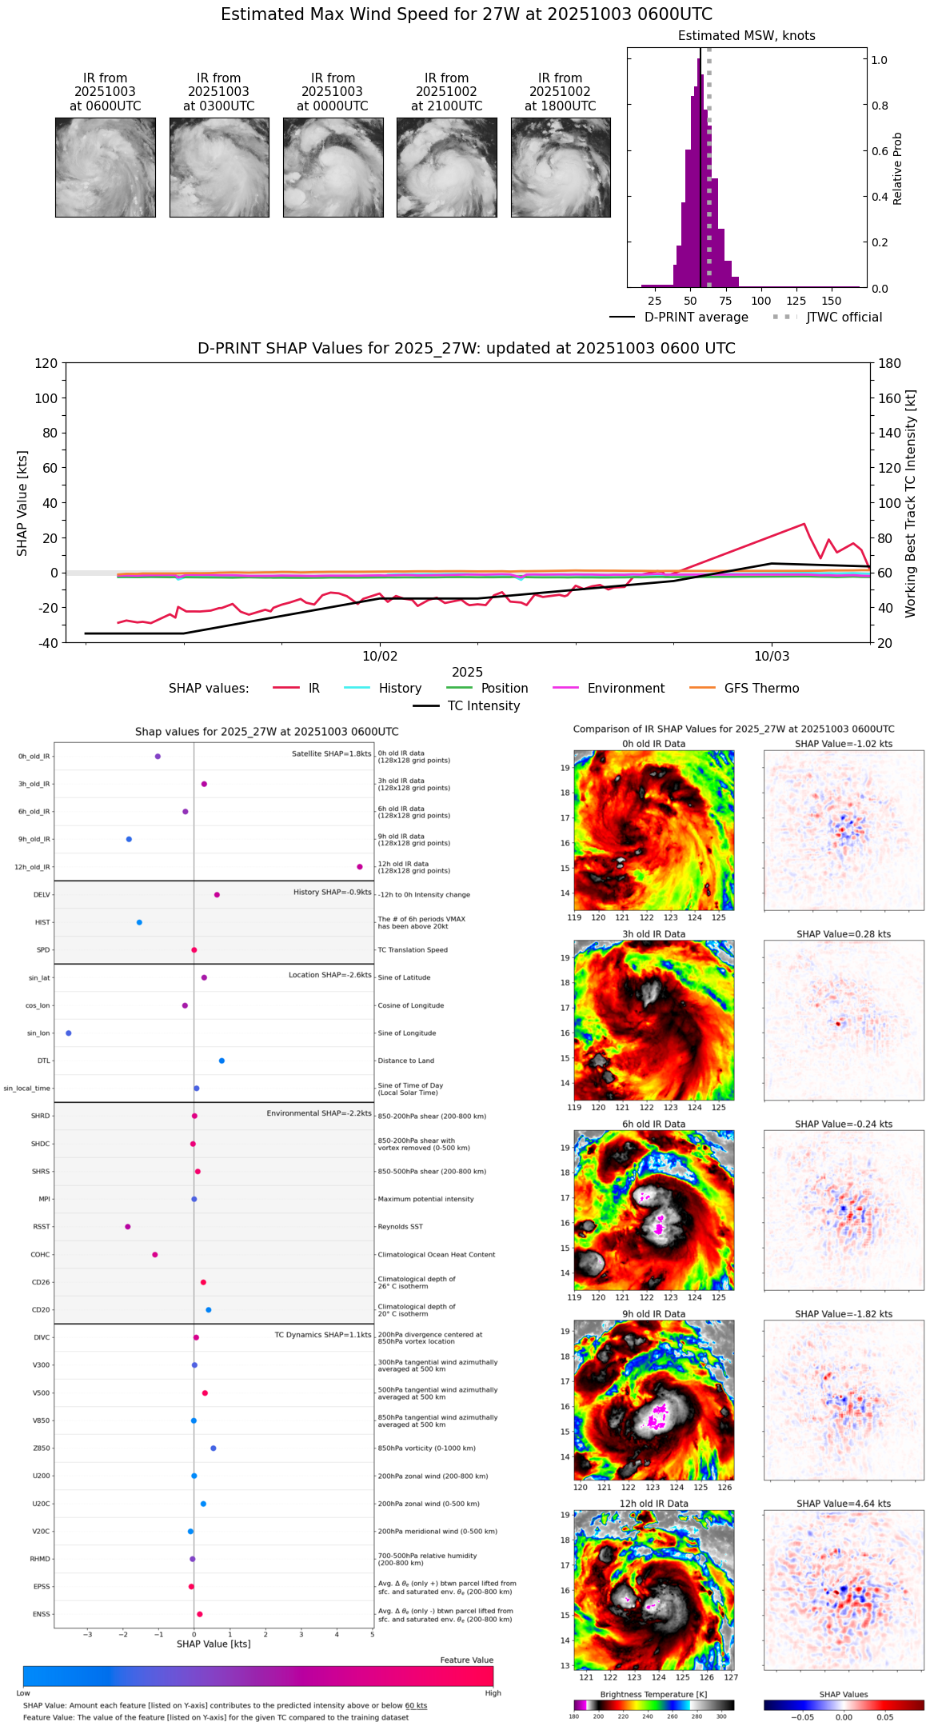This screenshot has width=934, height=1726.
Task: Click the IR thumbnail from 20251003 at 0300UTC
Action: coord(219,167)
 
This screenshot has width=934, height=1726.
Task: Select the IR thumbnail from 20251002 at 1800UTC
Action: coord(561,167)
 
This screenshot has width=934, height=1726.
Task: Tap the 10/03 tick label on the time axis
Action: coord(771,657)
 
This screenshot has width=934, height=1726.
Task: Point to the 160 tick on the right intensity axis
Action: coord(890,398)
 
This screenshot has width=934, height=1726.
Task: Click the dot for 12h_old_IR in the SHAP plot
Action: coord(360,867)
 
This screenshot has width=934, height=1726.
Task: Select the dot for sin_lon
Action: coord(69,1033)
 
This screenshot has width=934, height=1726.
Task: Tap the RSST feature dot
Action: coord(127,1227)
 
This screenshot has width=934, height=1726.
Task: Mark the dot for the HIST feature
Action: coord(139,922)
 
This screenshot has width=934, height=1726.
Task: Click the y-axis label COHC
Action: coord(40,1255)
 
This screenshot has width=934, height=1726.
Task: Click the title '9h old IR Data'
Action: coord(653,1314)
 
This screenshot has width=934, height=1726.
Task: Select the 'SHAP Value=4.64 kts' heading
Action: coord(844,1504)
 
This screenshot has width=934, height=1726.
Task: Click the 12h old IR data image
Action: coord(654,1589)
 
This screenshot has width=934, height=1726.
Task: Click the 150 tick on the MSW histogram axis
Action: coord(832,302)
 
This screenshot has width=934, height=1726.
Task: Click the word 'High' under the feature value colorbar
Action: coord(493,1693)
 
